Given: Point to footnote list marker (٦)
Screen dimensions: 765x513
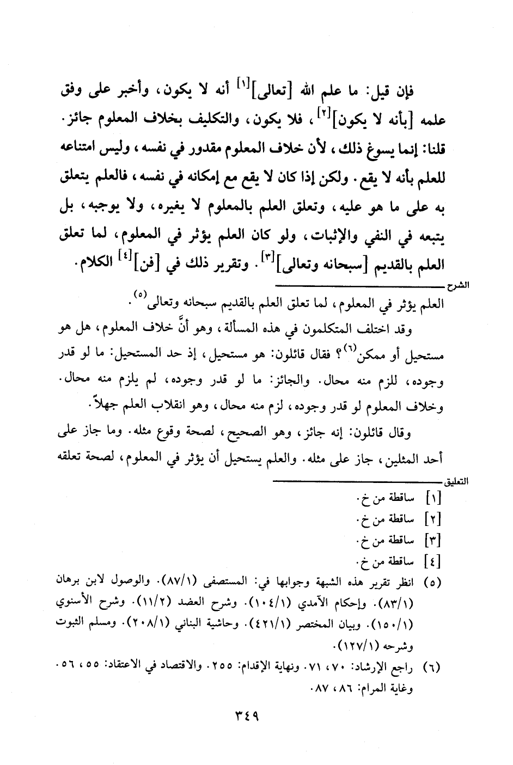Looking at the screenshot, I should (x=433, y=667).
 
